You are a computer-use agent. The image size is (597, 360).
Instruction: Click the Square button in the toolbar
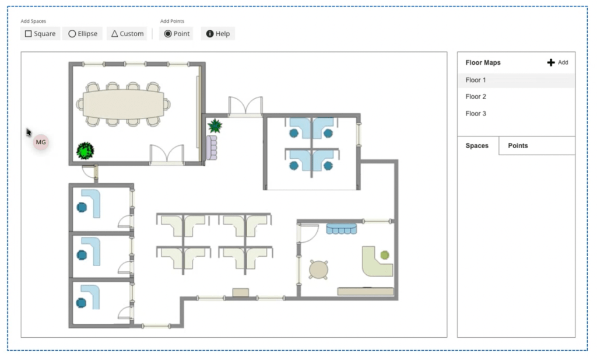40,33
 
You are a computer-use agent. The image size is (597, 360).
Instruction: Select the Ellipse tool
83,33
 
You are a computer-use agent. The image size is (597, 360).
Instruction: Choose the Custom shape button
127,33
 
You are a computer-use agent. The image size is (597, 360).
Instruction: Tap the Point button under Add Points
176,33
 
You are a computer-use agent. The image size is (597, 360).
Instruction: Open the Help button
218,33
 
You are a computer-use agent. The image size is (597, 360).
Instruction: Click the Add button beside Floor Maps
557,62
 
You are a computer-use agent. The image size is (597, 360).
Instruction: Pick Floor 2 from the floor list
476,97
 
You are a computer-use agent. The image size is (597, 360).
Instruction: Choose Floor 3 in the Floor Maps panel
476,114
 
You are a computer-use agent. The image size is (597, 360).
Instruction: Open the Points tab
518,145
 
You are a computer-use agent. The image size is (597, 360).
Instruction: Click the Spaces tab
477,145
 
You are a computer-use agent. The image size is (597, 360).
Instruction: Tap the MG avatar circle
41,142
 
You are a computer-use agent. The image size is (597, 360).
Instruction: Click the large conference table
124,104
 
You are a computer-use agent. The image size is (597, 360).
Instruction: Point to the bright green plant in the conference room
85,151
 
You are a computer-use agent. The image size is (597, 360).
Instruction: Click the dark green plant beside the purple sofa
215,125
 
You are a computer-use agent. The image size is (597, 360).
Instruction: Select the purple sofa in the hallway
212,148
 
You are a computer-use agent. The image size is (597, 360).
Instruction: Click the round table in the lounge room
318,270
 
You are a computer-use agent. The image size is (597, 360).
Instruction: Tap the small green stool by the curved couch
385,255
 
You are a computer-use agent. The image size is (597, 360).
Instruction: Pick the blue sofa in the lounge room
342,229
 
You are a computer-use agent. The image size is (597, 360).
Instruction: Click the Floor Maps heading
483,62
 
